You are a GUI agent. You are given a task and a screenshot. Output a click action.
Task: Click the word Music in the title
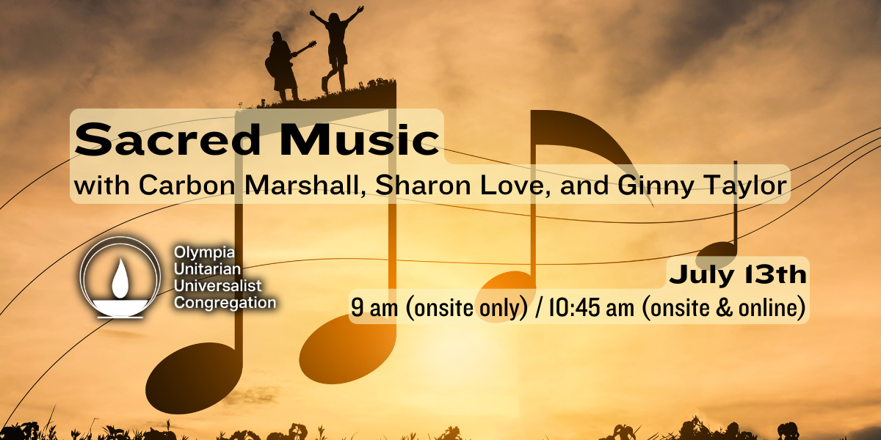pyautogui.click(x=359, y=139)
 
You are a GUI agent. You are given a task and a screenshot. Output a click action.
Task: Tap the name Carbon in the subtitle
pyautogui.click(x=186, y=185)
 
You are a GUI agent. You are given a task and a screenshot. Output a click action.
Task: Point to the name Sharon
pyautogui.click(x=423, y=185)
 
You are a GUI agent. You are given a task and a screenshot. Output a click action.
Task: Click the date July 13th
pyautogui.click(x=738, y=274)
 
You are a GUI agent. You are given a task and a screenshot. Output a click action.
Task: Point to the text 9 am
pyautogui.click(x=374, y=307)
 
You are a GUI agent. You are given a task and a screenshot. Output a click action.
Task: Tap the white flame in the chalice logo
pyautogui.click(x=120, y=278)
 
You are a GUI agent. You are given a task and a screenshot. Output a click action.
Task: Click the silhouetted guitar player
pyautogui.click(x=285, y=66)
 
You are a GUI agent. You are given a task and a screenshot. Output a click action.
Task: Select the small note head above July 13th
pyautogui.click(x=716, y=255)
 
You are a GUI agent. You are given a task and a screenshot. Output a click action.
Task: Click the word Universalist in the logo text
pyautogui.click(x=217, y=286)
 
